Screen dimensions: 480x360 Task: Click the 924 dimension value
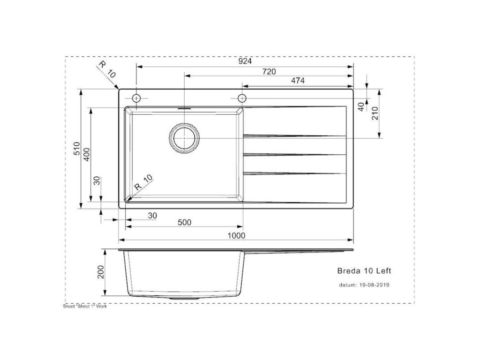pos(245,61)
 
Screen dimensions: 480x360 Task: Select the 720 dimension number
pos(269,72)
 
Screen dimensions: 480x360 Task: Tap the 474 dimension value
pos(298,81)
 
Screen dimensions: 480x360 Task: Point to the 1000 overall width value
pos(236,235)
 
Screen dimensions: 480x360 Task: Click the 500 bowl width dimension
pos(184,222)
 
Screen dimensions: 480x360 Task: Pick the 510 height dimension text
pos(76,149)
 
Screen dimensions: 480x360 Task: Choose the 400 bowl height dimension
pos(87,155)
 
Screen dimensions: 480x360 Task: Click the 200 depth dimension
pos(101,272)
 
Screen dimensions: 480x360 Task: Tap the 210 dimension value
pos(375,113)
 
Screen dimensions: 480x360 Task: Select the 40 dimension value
pos(361,107)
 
